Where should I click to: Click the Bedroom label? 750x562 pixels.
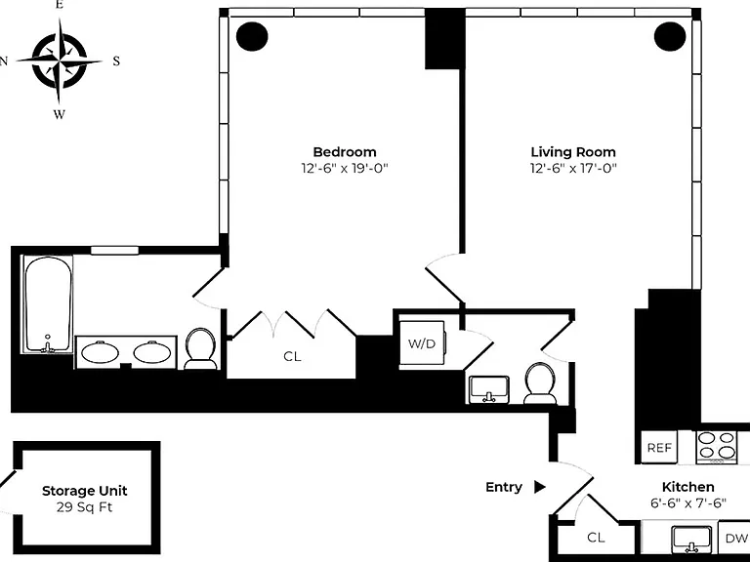tap(345, 152)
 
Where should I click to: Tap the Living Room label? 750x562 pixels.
tap(573, 152)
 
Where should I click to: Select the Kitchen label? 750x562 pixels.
tap(687, 487)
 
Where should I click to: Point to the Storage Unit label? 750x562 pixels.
tap(85, 491)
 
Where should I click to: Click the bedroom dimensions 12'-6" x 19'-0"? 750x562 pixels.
tap(345, 168)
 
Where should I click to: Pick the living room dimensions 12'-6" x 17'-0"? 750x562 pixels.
tap(573, 168)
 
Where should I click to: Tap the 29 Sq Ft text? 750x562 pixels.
tap(85, 507)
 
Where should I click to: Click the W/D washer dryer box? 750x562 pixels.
tap(423, 343)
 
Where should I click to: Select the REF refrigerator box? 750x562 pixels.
tap(659, 447)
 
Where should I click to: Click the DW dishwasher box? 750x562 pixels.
tap(734, 539)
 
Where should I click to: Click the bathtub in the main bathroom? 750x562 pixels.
tap(48, 304)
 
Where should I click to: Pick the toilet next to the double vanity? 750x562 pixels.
tap(200, 348)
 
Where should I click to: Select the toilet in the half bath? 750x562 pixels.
tap(540, 384)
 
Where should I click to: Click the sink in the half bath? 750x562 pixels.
tap(489, 388)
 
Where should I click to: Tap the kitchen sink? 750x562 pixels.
tap(692, 539)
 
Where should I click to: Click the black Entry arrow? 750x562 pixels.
tap(539, 487)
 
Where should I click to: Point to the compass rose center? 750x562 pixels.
tap(60, 61)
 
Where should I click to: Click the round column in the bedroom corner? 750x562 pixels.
tap(252, 36)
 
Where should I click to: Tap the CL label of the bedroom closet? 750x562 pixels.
tap(292, 356)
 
